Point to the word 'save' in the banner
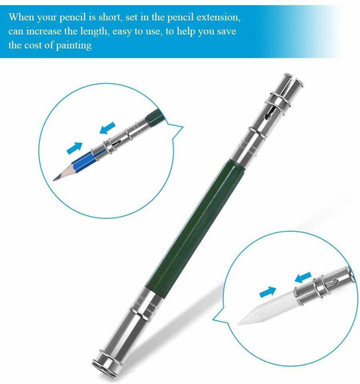pos(226,31)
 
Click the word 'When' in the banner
pos(21,17)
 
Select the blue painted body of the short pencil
pos(82,160)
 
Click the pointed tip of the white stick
pos(238,323)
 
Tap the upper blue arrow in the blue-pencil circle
pos(107,127)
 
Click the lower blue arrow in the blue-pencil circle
pos(74,148)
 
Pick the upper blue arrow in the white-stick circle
pos(303,277)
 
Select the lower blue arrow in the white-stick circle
pos(268,292)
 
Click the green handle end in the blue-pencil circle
pos(155,115)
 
